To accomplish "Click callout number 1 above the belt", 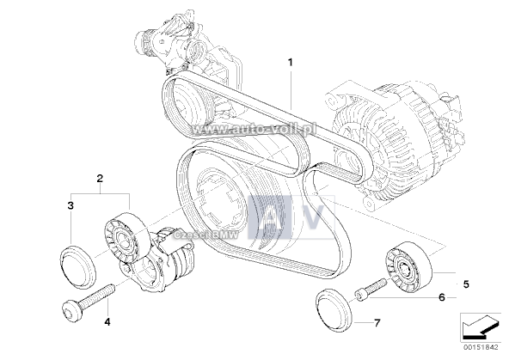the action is pos(291,62).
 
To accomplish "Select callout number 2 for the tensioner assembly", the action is pos(100,178).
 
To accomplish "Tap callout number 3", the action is pos(71,205).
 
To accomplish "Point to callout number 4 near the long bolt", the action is pos(107,322).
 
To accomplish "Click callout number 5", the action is pos(466,284).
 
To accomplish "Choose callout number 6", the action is pos(441,297).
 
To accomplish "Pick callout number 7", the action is pos(377,323).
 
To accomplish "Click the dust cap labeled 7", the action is pos(334,309).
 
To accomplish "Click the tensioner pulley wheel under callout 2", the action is pos(127,238).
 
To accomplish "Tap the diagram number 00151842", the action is pos(482,347).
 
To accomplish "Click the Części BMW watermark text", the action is pos(205,235).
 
